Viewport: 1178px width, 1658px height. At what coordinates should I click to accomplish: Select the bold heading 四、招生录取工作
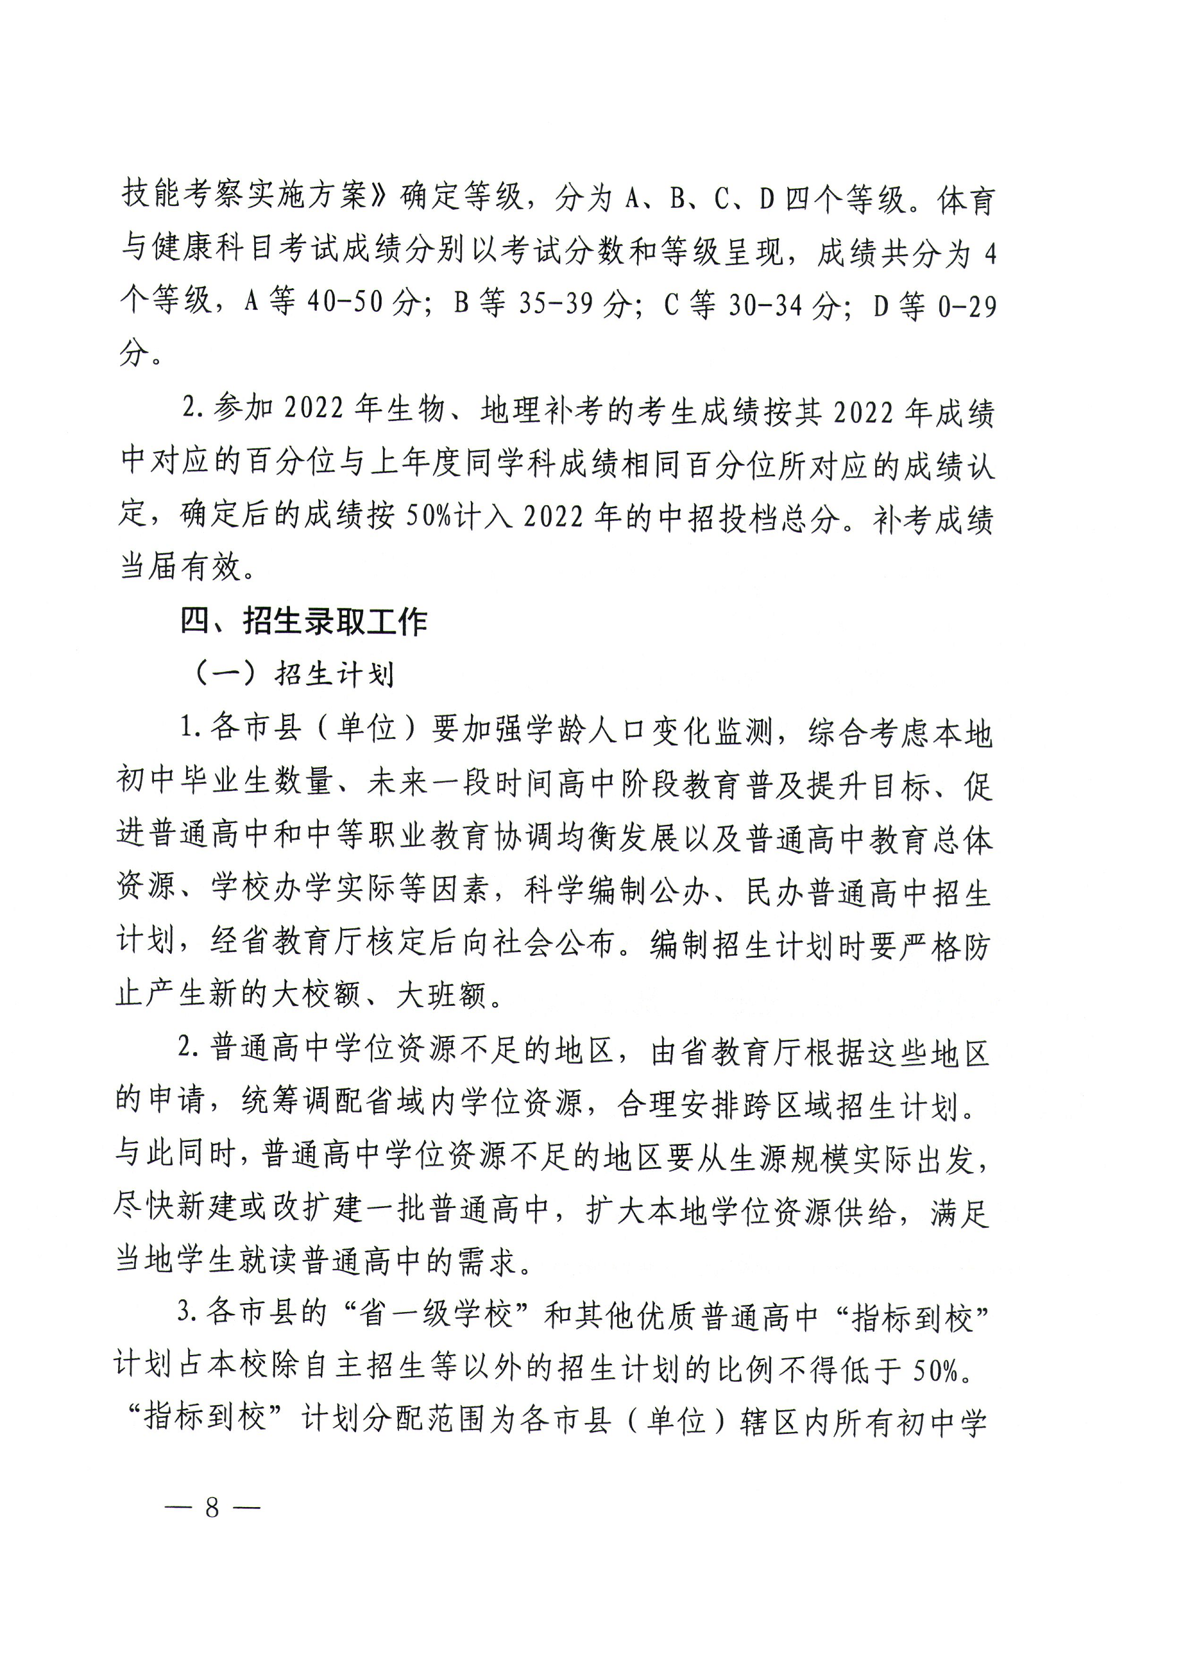(303, 622)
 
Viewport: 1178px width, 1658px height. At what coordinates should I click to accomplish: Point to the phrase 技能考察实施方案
(244, 194)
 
